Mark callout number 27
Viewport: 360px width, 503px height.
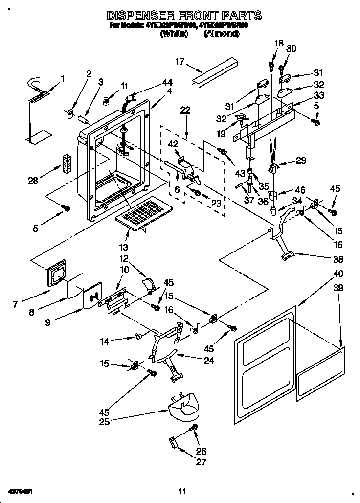pos(202,462)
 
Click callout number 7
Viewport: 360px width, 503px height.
pos(15,304)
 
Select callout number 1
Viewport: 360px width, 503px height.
pos(63,78)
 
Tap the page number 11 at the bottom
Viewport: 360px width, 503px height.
pos(182,491)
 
